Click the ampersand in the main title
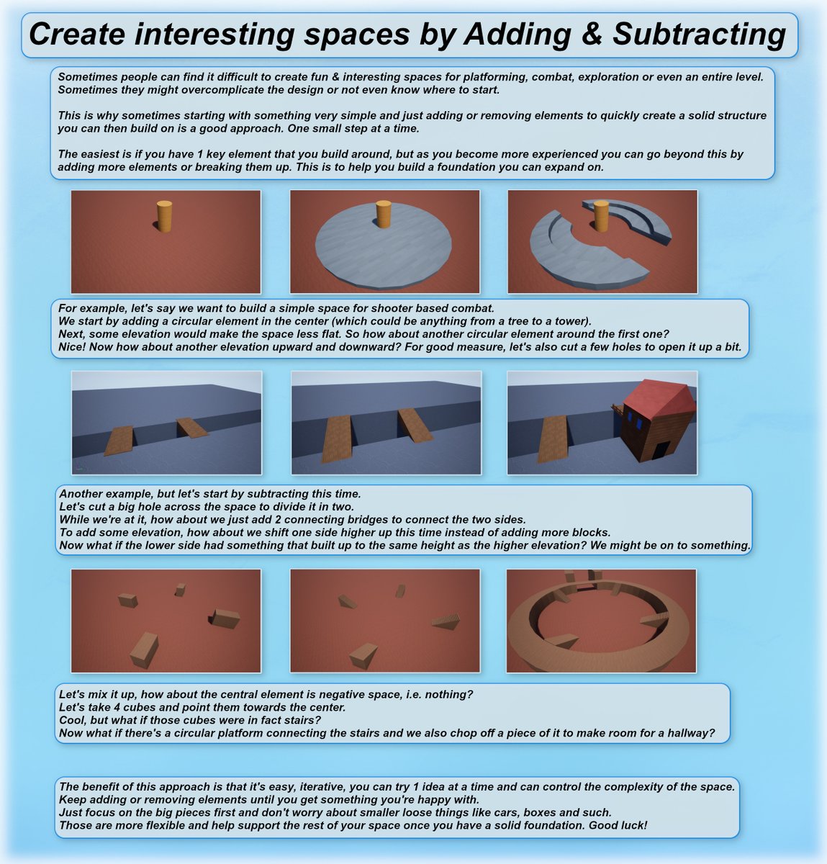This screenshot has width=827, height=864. (x=592, y=34)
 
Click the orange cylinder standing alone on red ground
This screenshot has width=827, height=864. (x=164, y=216)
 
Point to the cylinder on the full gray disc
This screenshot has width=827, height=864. (x=384, y=214)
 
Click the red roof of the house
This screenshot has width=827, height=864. (x=659, y=397)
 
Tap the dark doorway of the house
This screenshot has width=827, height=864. (x=659, y=450)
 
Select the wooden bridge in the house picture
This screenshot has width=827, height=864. (x=553, y=439)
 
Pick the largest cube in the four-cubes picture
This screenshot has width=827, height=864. (x=144, y=650)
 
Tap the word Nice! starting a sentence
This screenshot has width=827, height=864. (x=72, y=347)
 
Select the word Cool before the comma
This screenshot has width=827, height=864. (x=72, y=720)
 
